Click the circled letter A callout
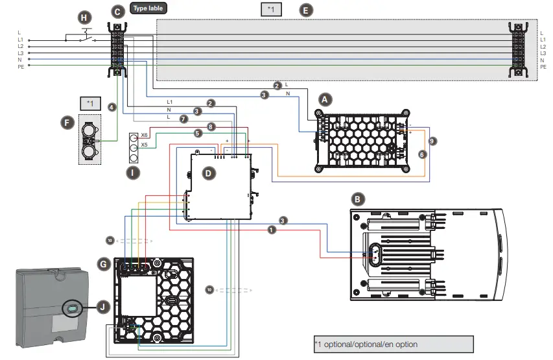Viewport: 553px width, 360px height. (x=326, y=99)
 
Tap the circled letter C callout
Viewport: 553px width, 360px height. (x=117, y=11)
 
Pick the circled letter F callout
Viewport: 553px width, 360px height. (x=65, y=121)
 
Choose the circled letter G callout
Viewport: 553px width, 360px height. (x=104, y=264)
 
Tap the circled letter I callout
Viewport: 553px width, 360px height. (x=133, y=172)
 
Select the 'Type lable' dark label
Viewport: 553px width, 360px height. (x=148, y=8)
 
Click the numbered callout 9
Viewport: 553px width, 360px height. (x=433, y=140)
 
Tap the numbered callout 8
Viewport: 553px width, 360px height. (x=211, y=126)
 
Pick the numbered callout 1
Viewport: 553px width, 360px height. (x=272, y=230)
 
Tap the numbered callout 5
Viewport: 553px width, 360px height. (x=198, y=133)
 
